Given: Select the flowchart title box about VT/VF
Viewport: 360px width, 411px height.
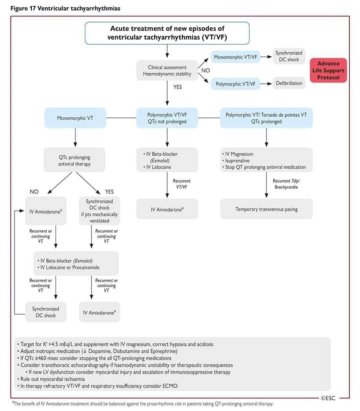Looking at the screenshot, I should (x=167, y=33).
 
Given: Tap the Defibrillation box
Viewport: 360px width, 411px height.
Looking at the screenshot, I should (x=289, y=83).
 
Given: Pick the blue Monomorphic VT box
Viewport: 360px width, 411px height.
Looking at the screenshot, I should (x=75, y=118).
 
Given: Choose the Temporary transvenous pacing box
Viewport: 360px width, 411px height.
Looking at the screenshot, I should (x=266, y=209).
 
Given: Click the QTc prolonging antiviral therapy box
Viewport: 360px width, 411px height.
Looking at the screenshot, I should (x=75, y=160).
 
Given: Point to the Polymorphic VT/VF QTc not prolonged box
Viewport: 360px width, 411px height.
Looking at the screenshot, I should (x=167, y=118).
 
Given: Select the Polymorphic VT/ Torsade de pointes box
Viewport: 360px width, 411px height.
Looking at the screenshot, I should (x=266, y=118).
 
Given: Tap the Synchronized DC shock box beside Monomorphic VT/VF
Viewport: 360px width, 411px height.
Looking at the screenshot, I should (x=289, y=56).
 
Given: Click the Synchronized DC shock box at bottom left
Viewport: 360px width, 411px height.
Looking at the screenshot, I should (x=45, y=312).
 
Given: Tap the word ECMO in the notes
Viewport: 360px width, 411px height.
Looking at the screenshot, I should (x=169, y=386).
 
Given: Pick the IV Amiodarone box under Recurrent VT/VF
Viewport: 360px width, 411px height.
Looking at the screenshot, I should (x=167, y=209).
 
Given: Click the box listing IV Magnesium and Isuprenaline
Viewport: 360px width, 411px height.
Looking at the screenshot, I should (x=266, y=160).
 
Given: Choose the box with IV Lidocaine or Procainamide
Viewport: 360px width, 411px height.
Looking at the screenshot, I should (x=75, y=263).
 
